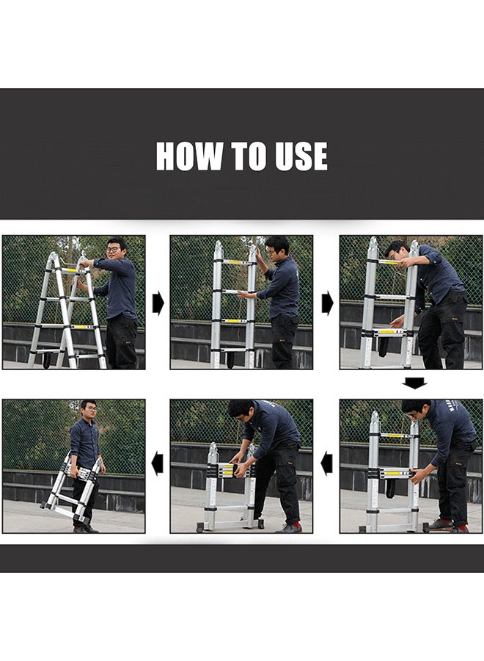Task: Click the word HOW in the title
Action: pos(188,156)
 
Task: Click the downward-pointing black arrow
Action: pos(414,383)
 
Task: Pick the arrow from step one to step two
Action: pos(158,303)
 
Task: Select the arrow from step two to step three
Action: pos(326,303)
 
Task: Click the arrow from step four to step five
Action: pos(326,464)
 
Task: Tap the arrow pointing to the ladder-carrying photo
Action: pos(158,464)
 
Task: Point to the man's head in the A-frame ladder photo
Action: pos(115,248)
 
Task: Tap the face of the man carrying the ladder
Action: pos(88,409)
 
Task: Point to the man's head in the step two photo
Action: pos(277,247)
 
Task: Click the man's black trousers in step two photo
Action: pos(285,339)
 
